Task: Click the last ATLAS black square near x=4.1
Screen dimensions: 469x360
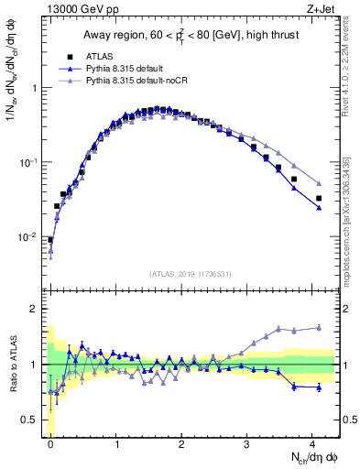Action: (x=319, y=198)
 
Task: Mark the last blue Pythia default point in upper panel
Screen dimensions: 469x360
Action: (x=319, y=208)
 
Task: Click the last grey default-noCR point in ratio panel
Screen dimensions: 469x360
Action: (x=319, y=327)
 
